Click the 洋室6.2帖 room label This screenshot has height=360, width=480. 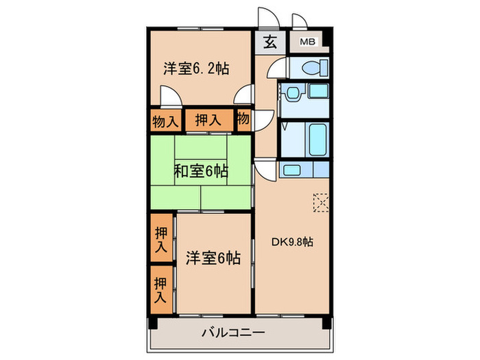[195, 69]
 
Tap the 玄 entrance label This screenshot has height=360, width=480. [270, 43]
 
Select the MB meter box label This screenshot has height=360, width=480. [308, 43]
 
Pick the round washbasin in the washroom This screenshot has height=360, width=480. [293, 92]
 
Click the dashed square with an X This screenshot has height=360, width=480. [321, 202]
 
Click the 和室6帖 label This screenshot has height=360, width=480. [200, 171]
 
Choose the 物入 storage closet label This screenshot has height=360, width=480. [165, 121]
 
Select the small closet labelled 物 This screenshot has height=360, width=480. [243, 119]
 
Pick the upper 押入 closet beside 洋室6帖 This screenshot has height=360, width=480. [161, 237]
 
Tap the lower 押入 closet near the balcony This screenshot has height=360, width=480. [161, 289]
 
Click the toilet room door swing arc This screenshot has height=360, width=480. [273, 69]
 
